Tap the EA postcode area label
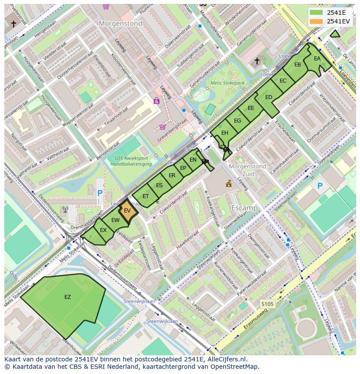[317, 59]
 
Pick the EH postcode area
[224, 133]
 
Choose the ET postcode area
[146, 196]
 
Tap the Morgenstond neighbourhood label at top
[120, 23]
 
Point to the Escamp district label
[244, 208]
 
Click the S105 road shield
[267, 304]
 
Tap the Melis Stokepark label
[227, 83]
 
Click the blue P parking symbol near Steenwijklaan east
[320, 186]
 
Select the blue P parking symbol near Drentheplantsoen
[100, 193]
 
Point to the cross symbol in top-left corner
[13, 24]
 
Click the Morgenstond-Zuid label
[247, 170]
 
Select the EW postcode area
[115, 220]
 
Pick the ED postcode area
[268, 97]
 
